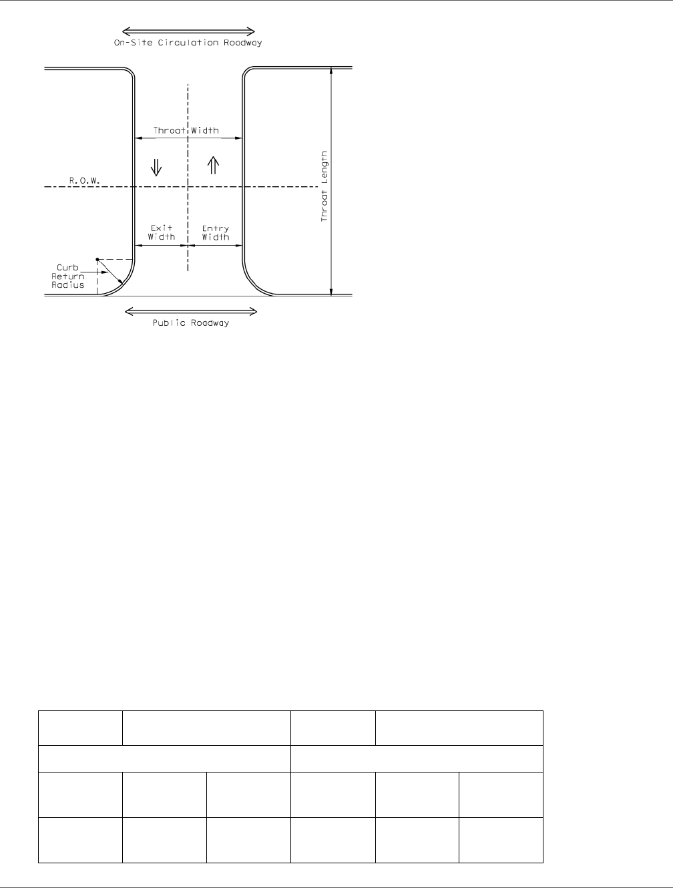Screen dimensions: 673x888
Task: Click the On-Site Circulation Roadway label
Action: tap(188, 43)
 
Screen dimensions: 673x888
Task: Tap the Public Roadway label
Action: tap(191, 323)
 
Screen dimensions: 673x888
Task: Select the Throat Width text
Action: tap(186, 130)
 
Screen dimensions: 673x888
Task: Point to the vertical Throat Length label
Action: tap(324, 186)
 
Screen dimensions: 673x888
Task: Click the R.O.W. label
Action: tap(84, 180)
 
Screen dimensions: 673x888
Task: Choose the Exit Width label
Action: tap(162, 232)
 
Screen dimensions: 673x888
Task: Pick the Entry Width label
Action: tap(216, 232)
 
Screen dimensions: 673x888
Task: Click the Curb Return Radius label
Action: tap(68, 276)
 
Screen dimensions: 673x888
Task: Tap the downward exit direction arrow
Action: tap(156, 167)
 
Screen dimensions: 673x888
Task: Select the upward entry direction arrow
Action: tap(214, 165)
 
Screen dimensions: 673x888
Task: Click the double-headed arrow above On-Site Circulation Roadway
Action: tap(188, 31)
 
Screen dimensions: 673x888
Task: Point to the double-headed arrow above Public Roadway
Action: tap(191, 312)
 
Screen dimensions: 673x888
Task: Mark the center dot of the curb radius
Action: tap(97, 259)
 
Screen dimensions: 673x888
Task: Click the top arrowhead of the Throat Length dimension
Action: tap(331, 71)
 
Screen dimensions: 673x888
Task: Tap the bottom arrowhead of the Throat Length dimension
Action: tap(331, 291)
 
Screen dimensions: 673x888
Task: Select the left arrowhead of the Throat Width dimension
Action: tap(139, 138)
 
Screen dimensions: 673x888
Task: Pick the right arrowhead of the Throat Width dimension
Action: tap(238, 138)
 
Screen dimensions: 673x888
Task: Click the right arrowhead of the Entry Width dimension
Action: tap(238, 245)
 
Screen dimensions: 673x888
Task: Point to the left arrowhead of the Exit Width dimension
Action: tap(139, 245)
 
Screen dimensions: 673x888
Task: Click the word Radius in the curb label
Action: tap(68, 285)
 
